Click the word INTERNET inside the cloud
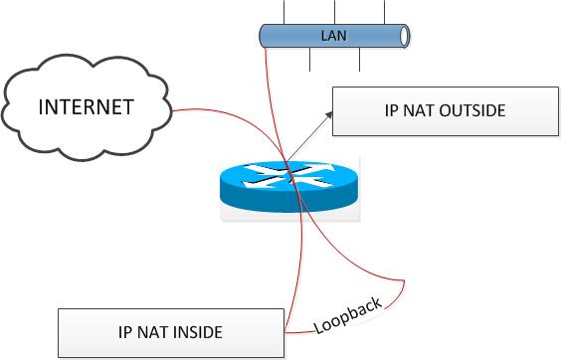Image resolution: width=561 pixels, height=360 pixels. coord(85,106)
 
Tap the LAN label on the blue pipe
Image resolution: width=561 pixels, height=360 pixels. coord(333,36)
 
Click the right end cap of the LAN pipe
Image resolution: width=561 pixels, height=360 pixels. coord(404,36)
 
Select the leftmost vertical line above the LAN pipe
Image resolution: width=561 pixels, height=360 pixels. coord(285,11)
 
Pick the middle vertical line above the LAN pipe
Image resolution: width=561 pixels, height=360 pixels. coord(334,11)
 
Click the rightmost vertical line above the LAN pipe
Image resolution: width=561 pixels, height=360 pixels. coord(383,11)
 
